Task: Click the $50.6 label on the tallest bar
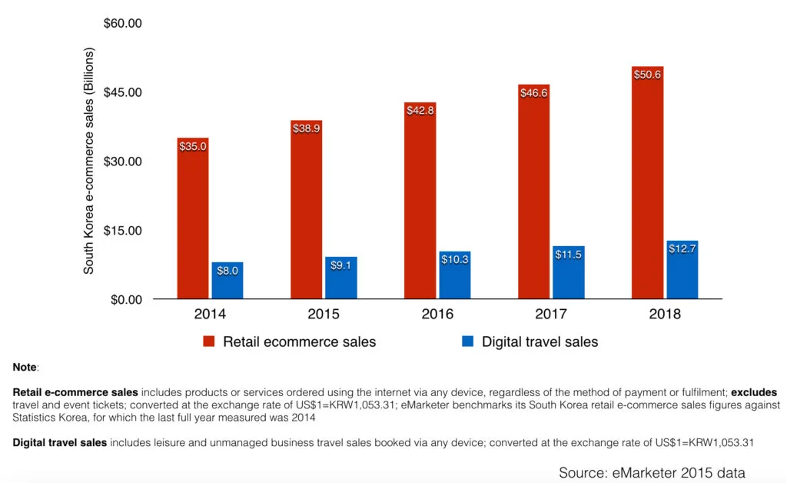click(x=647, y=75)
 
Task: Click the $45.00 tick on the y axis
click(x=123, y=92)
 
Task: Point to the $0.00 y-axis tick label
click(x=126, y=299)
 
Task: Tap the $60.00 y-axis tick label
click(x=123, y=24)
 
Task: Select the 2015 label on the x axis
click(x=324, y=314)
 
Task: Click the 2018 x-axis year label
click(x=664, y=314)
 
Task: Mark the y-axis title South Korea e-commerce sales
click(x=89, y=162)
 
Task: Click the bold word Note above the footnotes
click(x=25, y=368)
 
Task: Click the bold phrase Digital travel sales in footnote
click(x=59, y=442)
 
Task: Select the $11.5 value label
click(x=568, y=254)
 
